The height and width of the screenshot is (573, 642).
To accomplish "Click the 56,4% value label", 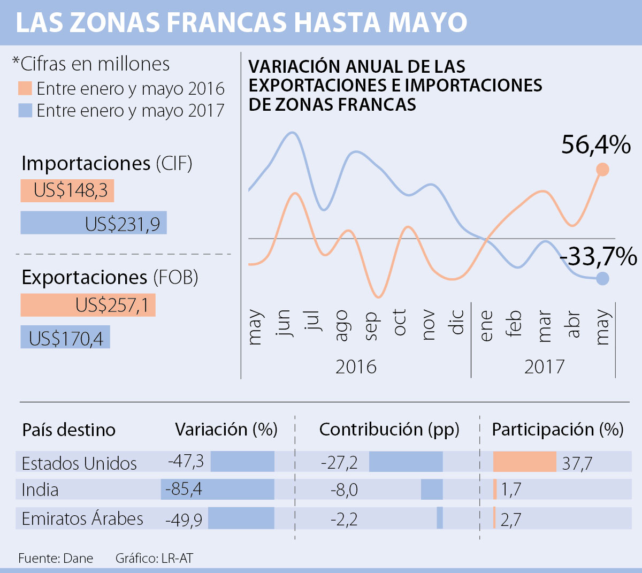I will (x=595, y=145).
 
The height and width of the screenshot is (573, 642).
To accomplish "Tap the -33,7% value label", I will (x=598, y=257).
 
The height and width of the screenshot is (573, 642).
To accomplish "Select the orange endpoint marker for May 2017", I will (x=602, y=170).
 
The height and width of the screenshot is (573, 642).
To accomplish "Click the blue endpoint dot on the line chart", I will (x=602, y=278).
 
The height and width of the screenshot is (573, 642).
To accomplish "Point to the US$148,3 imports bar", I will (x=67, y=191).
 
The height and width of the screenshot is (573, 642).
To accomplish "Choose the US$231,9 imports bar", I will (x=94, y=223).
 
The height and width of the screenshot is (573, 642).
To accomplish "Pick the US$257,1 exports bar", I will (x=88, y=305).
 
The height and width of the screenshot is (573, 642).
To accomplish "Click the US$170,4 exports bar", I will (x=65, y=338).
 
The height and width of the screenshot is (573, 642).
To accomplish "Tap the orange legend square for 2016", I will (x=25, y=88).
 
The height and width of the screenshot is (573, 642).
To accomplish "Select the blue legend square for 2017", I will (x=25, y=110).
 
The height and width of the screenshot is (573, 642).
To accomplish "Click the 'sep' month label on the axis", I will (x=370, y=326).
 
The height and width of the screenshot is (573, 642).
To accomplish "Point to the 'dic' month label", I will (x=457, y=322).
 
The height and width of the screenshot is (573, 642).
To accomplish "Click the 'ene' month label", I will (x=486, y=325).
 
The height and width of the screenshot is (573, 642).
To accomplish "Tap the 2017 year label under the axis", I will (x=544, y=367).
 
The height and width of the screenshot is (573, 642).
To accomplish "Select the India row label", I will (x=40, y=490).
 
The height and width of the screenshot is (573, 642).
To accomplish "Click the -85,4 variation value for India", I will (x=184, y=489).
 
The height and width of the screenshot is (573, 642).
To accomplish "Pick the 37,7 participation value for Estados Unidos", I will (x=577, y=463).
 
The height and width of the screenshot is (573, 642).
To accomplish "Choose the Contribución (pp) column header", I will (x=389, y=430).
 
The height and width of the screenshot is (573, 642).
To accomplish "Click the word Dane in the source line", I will (x=78, y=559).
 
